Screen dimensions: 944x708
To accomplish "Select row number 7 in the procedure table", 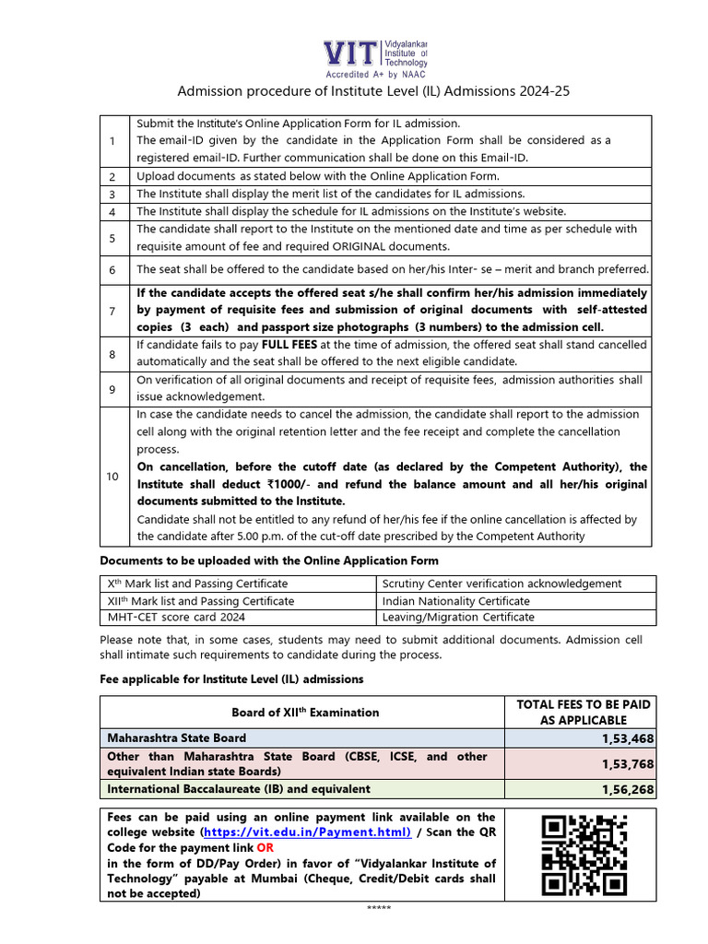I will point(112,310).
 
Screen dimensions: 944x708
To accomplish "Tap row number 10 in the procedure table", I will point(112,477).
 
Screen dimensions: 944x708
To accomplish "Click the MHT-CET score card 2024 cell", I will point(176,617).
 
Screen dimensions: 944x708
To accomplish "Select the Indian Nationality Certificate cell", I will point(456,600).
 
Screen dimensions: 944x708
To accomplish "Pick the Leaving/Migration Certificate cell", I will point(458,617).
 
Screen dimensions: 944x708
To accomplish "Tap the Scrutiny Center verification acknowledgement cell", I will point(502,584).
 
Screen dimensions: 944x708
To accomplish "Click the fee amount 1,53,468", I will point(626,738).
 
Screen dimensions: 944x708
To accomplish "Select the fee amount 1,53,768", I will point(626,763).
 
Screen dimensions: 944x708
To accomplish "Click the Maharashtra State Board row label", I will point(177,738).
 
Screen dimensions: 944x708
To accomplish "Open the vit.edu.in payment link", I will point(306,832).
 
